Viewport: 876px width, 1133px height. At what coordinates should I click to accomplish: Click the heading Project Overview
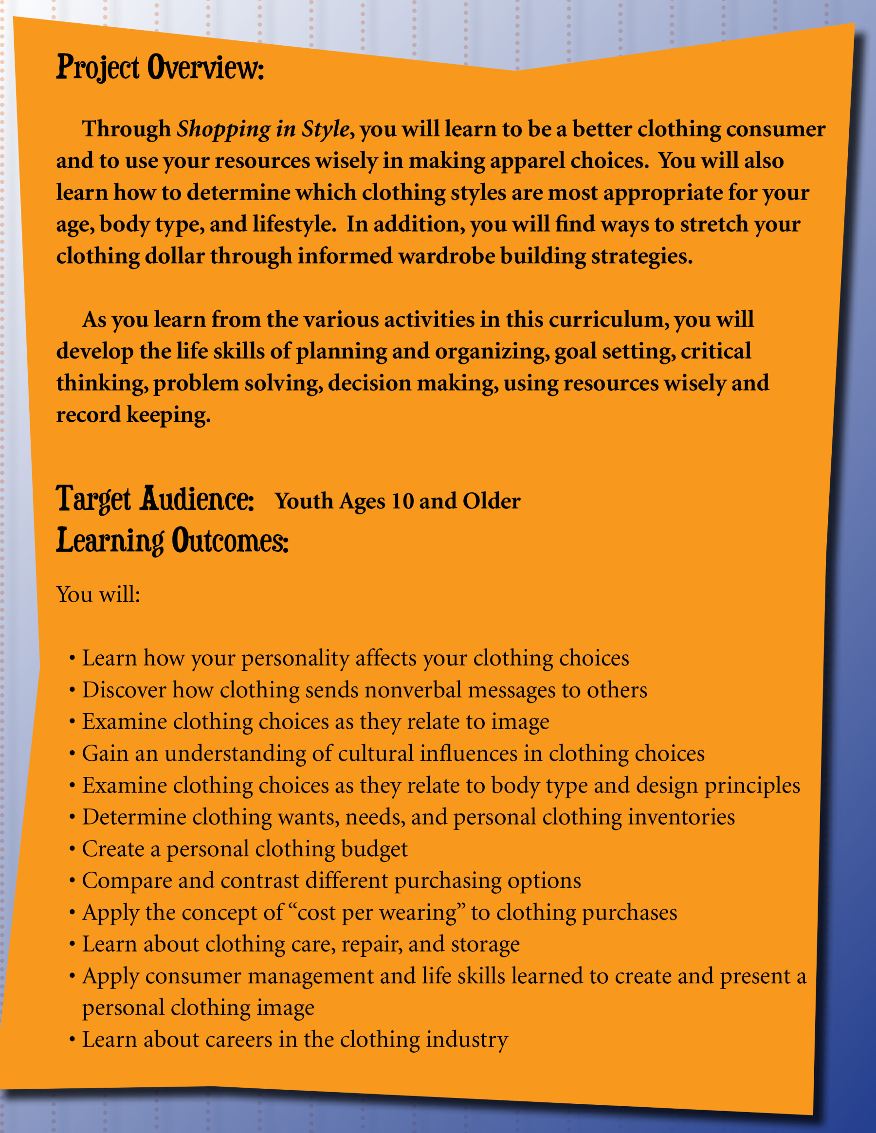160,68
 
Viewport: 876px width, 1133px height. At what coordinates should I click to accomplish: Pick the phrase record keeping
133,414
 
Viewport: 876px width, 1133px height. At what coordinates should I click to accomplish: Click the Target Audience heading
155,499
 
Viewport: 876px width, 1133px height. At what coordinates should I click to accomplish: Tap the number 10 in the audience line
402,501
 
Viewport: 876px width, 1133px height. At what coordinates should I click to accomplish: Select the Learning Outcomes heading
172,540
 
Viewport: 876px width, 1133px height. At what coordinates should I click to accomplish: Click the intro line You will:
98,594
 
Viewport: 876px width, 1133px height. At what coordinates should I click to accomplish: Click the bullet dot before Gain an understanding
72,754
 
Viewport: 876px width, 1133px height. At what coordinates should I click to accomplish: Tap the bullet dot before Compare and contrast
72,881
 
